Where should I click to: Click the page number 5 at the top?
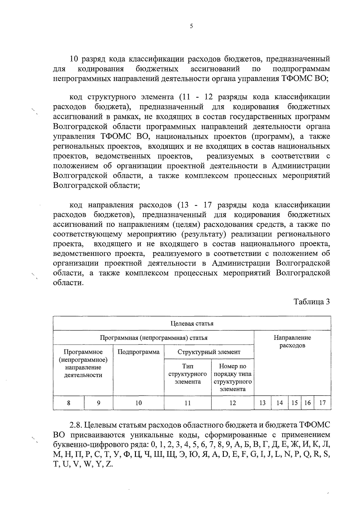(x=191, y=26)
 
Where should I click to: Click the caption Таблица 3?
(x=312, y=301)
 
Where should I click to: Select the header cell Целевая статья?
(x=192, y=323)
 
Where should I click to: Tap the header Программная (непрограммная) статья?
(x=154, y=338)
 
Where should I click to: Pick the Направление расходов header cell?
(x=292, y=342)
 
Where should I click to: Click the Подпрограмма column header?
(x=138, y=352)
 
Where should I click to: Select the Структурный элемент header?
(x=209, y=352)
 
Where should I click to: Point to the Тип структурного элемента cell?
(x=187, y=374)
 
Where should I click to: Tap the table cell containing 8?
(x=69, y=403)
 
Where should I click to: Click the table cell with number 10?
(x=138, y=403)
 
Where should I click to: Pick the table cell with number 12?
(x=232, y=403)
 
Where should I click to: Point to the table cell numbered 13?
(x=262, y=403)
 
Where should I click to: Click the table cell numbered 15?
(x=295, y=403)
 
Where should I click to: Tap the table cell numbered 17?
(x=322, y=403)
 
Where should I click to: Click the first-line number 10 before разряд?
(x=74, y=58)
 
